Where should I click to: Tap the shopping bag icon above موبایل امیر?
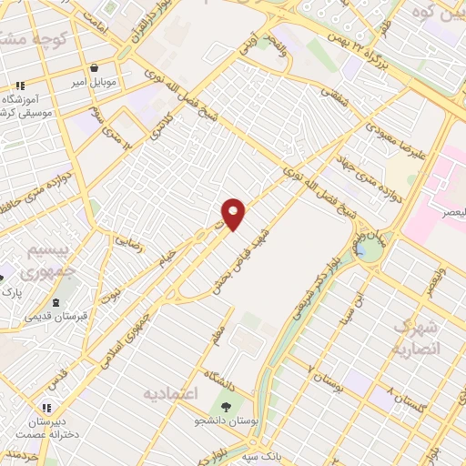pos(95,68)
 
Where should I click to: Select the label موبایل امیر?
pos(95,83)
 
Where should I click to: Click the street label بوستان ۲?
pos(326,372)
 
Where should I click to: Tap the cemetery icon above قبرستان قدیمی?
pos(56,303)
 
